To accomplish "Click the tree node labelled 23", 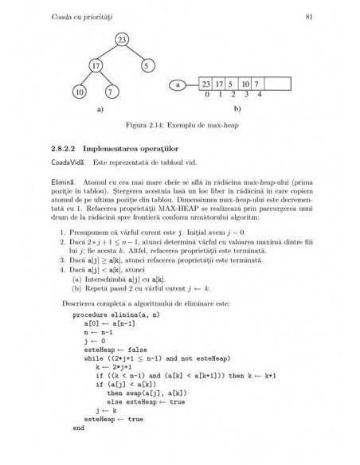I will click(x=121, y=40).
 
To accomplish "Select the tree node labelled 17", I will click(x=96, y=65).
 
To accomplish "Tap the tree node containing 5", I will click(x=147, y=65).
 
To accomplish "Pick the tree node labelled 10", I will click(x=80, y=92).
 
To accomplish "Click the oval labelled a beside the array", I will click(x=180, y=84).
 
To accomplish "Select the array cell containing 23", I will click(x=205, y=84).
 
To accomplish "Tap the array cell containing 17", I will click(x=218, y=84).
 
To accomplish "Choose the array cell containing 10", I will click(x=245, y=84).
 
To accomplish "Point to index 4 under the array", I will click(x=257, y=94).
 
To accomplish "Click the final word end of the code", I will click(x=78, y=428).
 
